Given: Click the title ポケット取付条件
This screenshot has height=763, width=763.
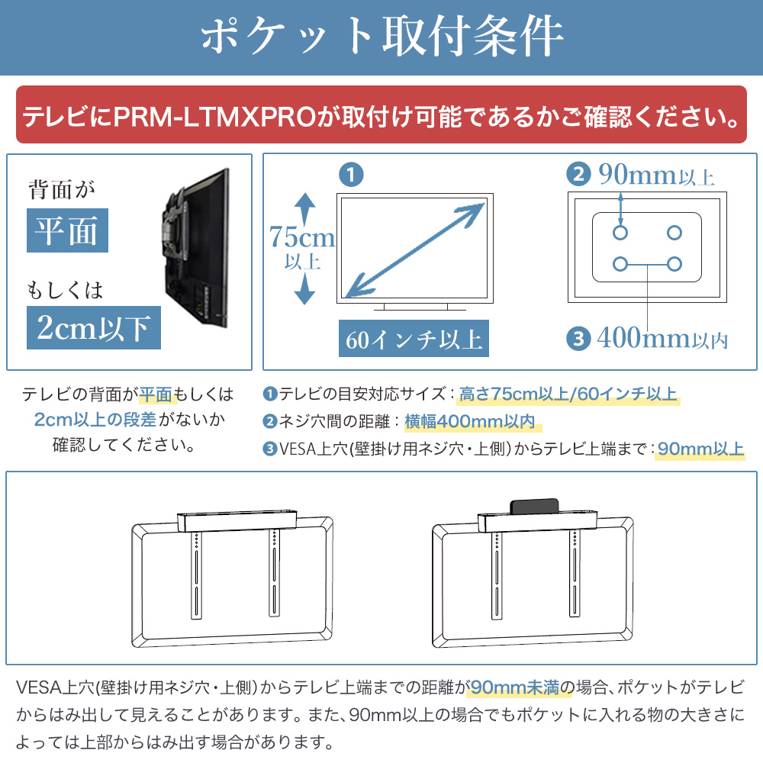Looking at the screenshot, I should click(381, 37).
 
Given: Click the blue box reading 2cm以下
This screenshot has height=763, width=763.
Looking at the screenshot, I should click(94, 327).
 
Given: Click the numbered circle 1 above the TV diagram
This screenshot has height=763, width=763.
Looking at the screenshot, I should click(349, 175).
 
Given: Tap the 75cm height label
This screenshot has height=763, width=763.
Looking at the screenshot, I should click(301, 238).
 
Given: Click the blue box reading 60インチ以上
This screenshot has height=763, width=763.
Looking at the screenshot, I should click(414, 338).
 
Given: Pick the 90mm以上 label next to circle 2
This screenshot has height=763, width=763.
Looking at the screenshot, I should click(655, 175).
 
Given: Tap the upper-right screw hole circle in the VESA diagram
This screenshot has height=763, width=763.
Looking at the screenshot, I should click(674, 232).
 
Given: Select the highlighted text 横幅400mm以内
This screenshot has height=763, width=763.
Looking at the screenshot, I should click(469, 421).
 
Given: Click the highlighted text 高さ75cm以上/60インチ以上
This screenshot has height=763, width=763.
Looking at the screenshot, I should click(568, 394).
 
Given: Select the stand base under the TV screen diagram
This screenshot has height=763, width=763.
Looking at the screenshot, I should click(415, 308).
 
